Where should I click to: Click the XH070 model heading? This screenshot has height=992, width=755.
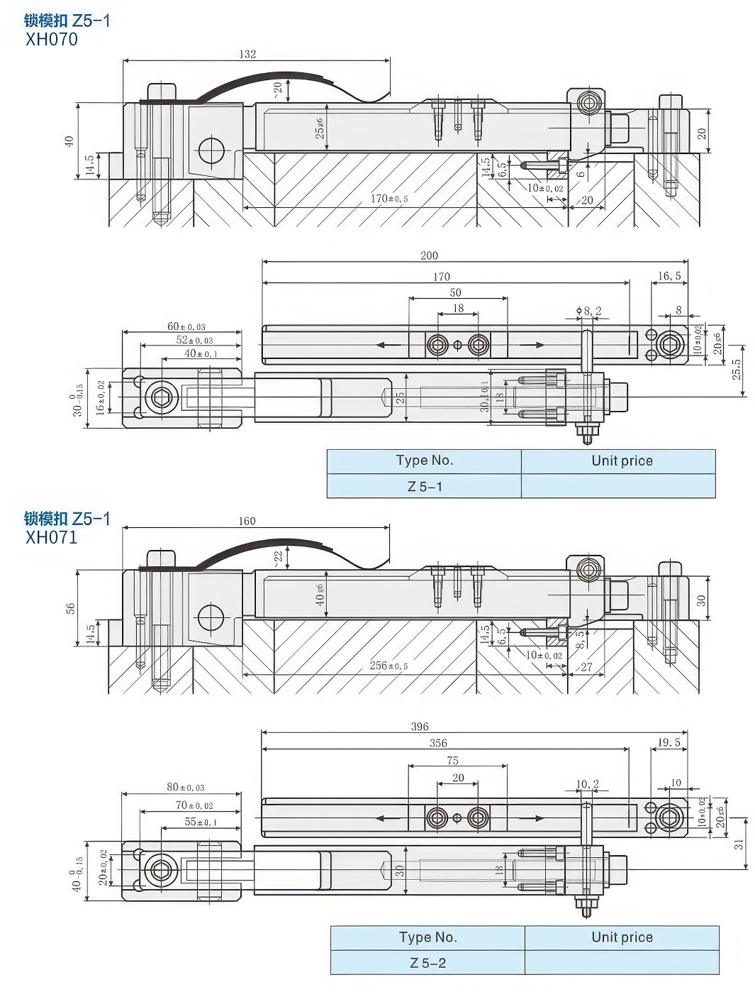pyautogui.click(x=52, y=40)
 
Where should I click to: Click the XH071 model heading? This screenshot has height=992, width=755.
pyautogui.click(x=52, y=537)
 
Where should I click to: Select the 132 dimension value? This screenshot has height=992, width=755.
pyautogui.click(x=247, y=54)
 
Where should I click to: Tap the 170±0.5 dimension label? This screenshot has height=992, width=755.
pyautogui.click(x=389, y=199)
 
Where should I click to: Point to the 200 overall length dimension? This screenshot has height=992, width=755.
pyautogui.click(x=429, y=255)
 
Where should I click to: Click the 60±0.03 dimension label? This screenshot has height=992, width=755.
pyautogui.click(x=186, y=326)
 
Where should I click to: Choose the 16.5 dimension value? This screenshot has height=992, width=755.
pyautogui.click(x=669, y=276)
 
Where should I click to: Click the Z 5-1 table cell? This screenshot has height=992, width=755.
pyautogui.click(x=424, y=486)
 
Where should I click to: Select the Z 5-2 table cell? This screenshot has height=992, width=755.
pyautogui.click(x=427, y=963)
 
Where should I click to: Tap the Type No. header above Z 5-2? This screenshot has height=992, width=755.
pyautogui.click(x=427, y=937)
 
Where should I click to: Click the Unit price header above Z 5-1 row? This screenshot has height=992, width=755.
pyautogui.click(x=622, y=461)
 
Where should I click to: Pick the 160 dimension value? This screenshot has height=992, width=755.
pyautogui.click(x=247, y=521)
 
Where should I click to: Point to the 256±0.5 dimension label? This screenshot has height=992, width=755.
pyautogui.click(x=389, y=666)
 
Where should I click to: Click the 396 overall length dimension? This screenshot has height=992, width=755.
pyautogui.click(x=420, y=727)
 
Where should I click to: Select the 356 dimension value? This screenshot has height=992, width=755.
pyautogui.click(x=438, y=743)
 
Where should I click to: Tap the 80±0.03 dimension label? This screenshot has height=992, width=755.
pyautogui.click(x=186, y=788)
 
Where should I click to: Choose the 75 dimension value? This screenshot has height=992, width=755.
pyautogui.click(x=452, y=760)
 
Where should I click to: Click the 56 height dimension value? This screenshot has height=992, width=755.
pyautogui.click(x=70, y=608)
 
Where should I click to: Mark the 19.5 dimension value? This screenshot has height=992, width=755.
pyautogui.click(x=669, y=743)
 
